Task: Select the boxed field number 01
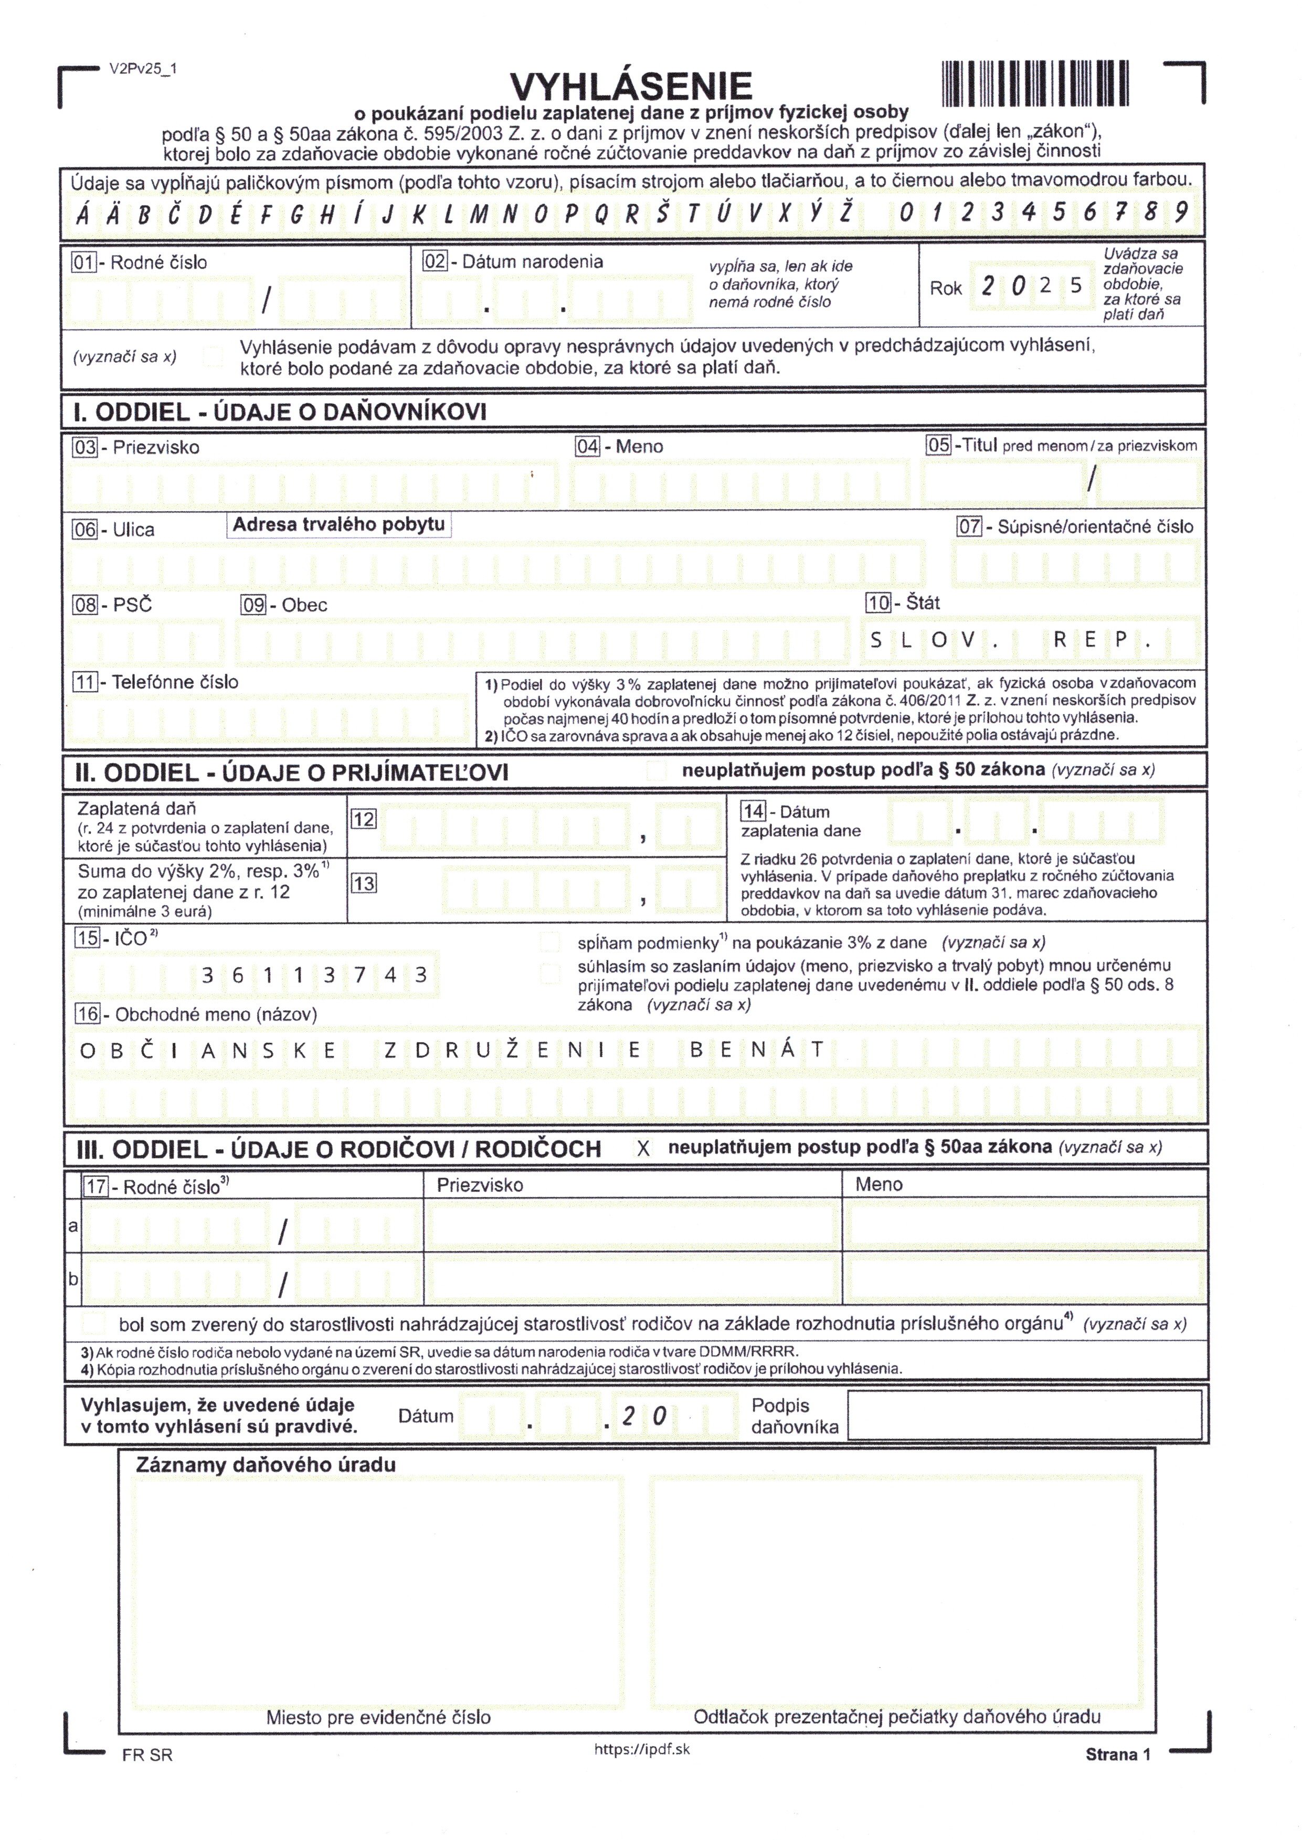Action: [84, 262]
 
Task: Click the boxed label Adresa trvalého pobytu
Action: [338, 524]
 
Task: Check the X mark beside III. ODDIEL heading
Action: [643, 1148]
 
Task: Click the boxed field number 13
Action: [363, 883]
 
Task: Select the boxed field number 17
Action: [96, 1187]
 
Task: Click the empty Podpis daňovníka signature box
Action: [1024, 1415]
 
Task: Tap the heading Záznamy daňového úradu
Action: [266, 1465]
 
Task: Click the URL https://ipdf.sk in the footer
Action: [641, 1749]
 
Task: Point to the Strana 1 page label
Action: [1118, 1754]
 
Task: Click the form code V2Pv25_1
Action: [143, 69]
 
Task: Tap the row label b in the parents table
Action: [73, 1279]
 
